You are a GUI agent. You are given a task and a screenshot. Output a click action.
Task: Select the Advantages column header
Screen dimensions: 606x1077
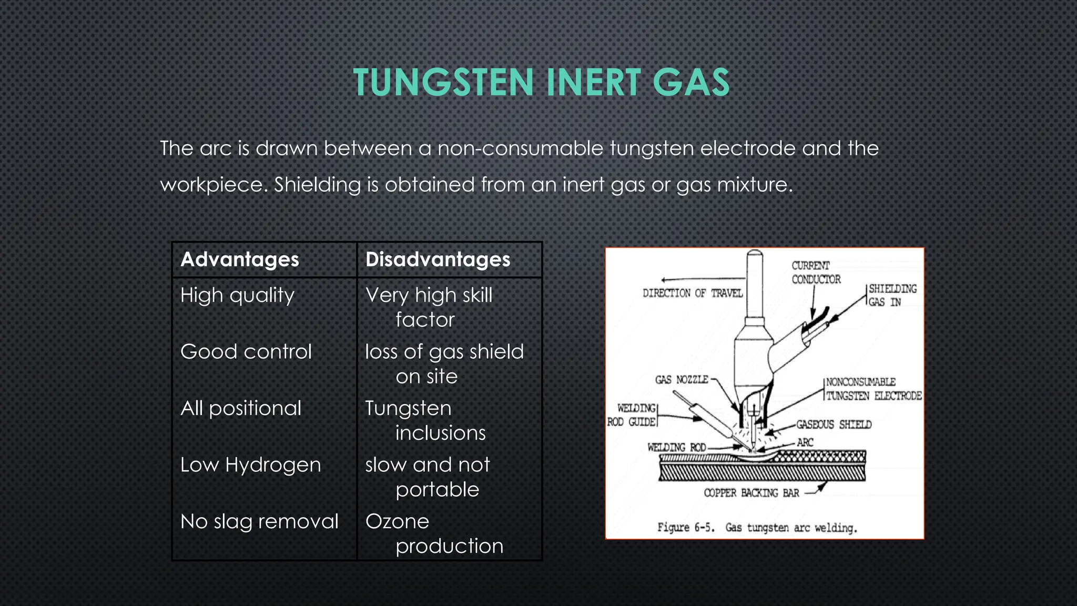tap(240, 259)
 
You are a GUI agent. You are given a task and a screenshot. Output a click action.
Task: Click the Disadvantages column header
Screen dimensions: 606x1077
tap(438, 259)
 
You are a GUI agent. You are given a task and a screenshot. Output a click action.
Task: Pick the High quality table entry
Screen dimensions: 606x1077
tap(237, 295)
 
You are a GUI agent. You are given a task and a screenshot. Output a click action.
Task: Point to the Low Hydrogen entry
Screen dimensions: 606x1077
tap(250, 465)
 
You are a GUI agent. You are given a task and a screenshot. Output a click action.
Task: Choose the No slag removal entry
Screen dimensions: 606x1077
tap(259, 521)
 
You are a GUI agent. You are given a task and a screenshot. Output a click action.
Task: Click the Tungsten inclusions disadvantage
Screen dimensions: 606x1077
tap(425, 420)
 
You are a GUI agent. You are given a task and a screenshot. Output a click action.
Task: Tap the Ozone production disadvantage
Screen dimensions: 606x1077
tap(434, 533)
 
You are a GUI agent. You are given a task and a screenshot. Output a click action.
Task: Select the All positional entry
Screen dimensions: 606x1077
tap(241, 408)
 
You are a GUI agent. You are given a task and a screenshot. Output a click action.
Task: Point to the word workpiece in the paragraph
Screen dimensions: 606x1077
tap(213, 185)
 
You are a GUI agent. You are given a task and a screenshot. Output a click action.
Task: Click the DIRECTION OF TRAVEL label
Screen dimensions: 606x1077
tap(692, 293)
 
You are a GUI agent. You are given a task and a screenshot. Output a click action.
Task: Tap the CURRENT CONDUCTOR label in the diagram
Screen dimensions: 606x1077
tap(816, 272)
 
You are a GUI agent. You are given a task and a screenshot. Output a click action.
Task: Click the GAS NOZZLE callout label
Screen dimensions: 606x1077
tap(682, 379)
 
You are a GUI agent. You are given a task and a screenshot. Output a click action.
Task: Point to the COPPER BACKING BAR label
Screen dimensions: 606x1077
tap(751, 493)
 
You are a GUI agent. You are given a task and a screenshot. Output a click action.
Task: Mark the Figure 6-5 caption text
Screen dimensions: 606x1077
tap(757, 528)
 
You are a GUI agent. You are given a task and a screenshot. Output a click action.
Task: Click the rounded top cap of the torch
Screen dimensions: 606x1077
tap(755, 258)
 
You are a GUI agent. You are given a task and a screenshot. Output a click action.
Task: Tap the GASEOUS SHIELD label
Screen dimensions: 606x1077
tap(833, 425)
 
